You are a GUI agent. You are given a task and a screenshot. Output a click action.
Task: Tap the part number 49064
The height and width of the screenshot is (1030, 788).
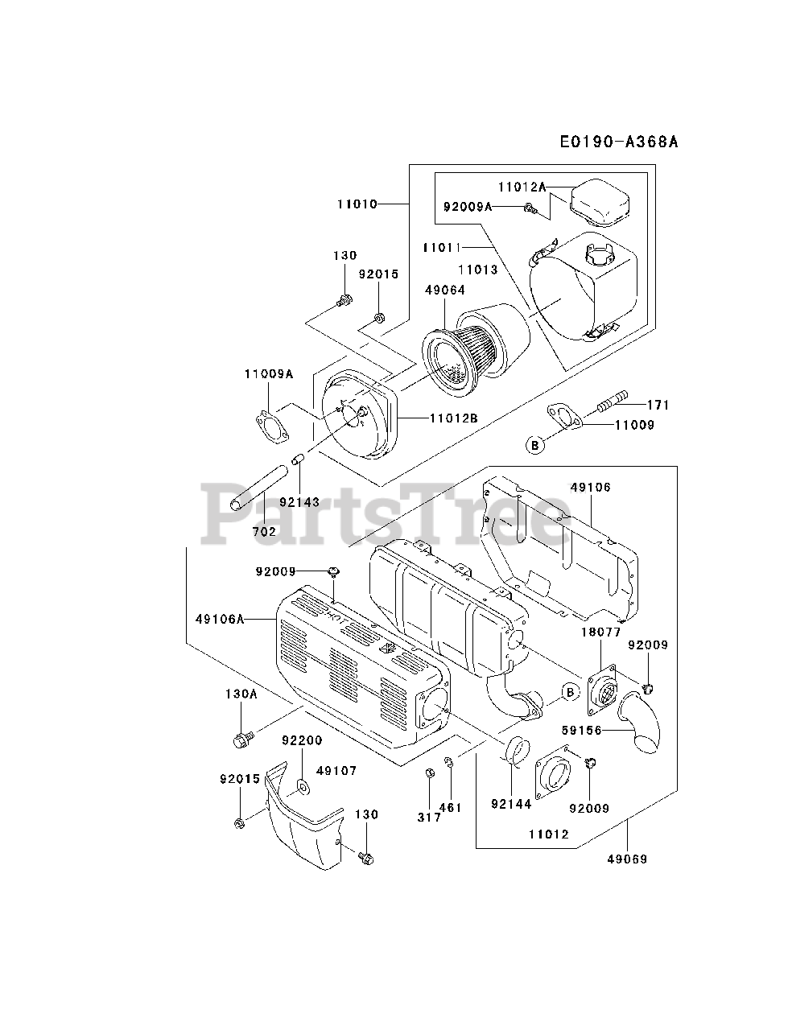(444, 289)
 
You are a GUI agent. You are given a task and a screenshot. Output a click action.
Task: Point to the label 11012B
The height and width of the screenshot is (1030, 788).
(454, 418)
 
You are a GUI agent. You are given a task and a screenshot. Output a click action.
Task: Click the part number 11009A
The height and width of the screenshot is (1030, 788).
(269, 373)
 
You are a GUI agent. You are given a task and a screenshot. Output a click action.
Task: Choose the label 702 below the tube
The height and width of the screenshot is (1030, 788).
(264, 531)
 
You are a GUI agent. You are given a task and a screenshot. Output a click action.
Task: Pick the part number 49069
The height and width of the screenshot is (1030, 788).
(628, 859)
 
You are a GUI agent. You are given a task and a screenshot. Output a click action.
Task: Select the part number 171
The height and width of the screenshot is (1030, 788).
(658, 404)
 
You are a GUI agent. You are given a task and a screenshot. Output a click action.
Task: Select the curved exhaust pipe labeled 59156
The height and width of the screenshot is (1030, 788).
(641, 727)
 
